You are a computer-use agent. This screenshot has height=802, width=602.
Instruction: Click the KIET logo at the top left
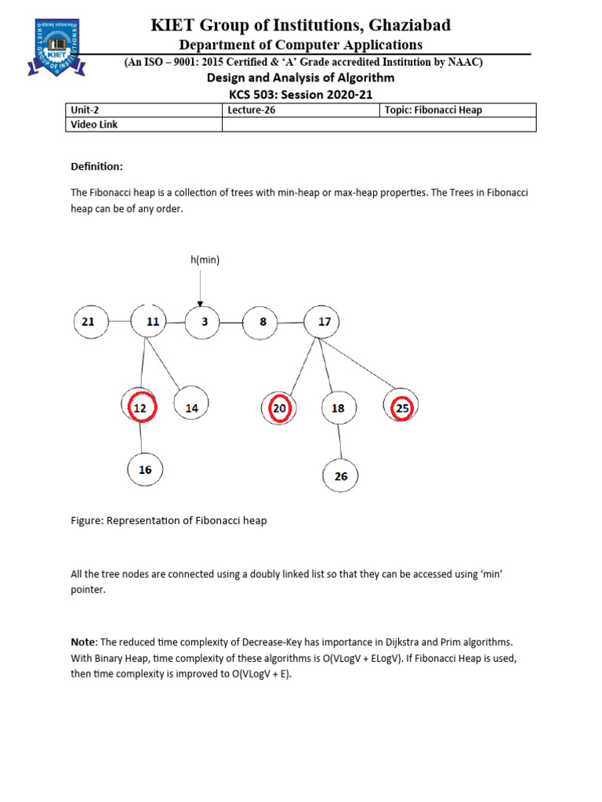[x=54, y=46]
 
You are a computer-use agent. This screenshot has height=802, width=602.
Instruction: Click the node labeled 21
[x=89, y=322]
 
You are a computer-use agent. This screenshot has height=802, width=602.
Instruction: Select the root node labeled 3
[x=203, y=322]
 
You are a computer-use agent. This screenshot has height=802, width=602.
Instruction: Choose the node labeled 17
[x=324, y=322]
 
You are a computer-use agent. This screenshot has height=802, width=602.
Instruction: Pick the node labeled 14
[x=191, y=408]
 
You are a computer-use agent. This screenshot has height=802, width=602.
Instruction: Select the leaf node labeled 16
[x=145, y=470]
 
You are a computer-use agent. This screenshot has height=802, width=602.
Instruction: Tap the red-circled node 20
[x=280, y=408]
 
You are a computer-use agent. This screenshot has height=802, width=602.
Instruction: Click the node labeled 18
[x=338, y=408]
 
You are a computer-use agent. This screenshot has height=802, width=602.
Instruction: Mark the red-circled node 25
[x=401, y=408]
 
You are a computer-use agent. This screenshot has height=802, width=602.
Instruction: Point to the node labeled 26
[x=341, y=475]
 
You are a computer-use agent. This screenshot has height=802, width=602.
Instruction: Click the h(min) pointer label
[x=204, y=259]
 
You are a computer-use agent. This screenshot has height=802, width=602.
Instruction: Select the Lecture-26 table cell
[x=300, y=110]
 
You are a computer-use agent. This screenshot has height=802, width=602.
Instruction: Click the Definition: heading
[x=97, y=167]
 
